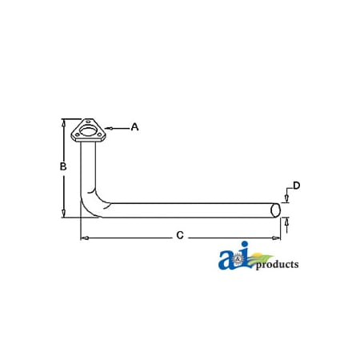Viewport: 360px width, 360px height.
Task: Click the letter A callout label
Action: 134,126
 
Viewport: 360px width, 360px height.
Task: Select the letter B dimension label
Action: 62,167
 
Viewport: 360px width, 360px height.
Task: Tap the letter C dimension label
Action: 180,235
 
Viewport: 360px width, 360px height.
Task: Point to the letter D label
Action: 296,186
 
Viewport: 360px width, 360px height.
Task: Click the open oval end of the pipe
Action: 276,210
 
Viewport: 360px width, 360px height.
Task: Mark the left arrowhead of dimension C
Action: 83,238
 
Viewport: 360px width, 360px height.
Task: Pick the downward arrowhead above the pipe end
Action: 286,200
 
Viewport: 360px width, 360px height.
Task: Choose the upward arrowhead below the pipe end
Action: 286,220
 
